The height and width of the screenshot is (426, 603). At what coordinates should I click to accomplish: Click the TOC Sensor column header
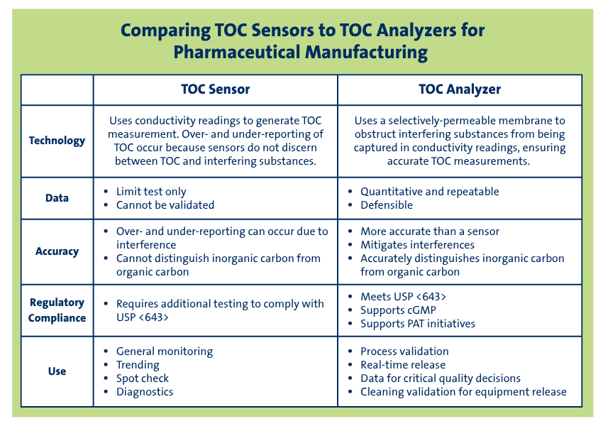click(215, 89)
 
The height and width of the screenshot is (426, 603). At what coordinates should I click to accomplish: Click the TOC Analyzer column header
click(460, 89)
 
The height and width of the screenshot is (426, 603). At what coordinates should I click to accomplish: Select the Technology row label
click(57, 141)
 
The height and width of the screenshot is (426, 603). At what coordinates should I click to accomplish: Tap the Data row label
click(57, 198)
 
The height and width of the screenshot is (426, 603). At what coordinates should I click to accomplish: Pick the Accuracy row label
click(57, 251)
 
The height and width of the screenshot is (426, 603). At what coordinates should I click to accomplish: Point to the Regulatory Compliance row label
click(57, 310)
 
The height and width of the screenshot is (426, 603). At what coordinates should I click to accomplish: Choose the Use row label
click(57, 371)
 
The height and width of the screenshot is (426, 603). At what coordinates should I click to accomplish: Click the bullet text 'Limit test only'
click(151, 192)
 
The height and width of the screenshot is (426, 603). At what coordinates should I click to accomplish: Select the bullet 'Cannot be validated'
click(165, 205)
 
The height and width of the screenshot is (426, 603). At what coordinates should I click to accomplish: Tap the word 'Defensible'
click(386, 205)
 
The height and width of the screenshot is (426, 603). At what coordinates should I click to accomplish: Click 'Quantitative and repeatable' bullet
click(429, 192)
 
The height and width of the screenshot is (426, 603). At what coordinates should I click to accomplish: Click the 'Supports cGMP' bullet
click(398, 310)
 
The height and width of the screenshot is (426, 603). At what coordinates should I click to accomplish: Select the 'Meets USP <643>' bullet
click(403, 297)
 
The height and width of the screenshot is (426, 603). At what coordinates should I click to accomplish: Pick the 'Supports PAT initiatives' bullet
click(417, 324)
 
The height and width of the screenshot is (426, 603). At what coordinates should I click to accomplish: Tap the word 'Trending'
click(137, 365)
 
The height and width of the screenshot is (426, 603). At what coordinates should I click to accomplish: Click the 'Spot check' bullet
click(142, 378)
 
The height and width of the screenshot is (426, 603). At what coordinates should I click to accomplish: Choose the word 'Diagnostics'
click(144, 392)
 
